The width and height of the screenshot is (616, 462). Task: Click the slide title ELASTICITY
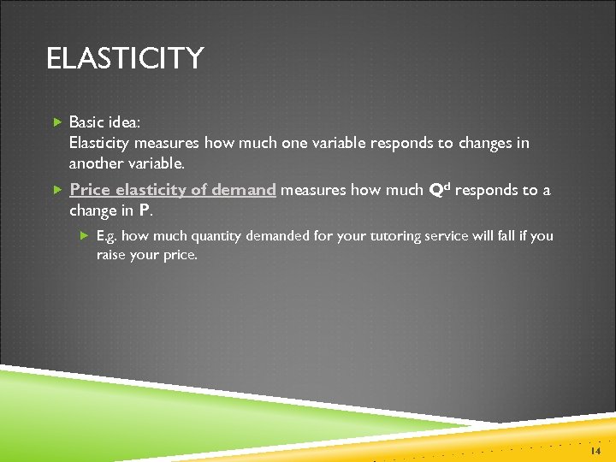[x=125, y=59]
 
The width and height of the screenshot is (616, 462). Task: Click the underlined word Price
[x=90, y=190]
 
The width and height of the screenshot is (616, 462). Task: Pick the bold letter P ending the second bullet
[x=144, y=210]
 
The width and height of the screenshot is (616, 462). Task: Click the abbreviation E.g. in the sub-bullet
[x=107, y=236]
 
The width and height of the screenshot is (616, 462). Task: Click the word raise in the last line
[x=112, y=254]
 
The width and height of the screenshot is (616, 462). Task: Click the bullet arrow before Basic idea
[x=57, y=122]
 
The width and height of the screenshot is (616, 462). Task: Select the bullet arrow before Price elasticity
[x=57, y=190]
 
